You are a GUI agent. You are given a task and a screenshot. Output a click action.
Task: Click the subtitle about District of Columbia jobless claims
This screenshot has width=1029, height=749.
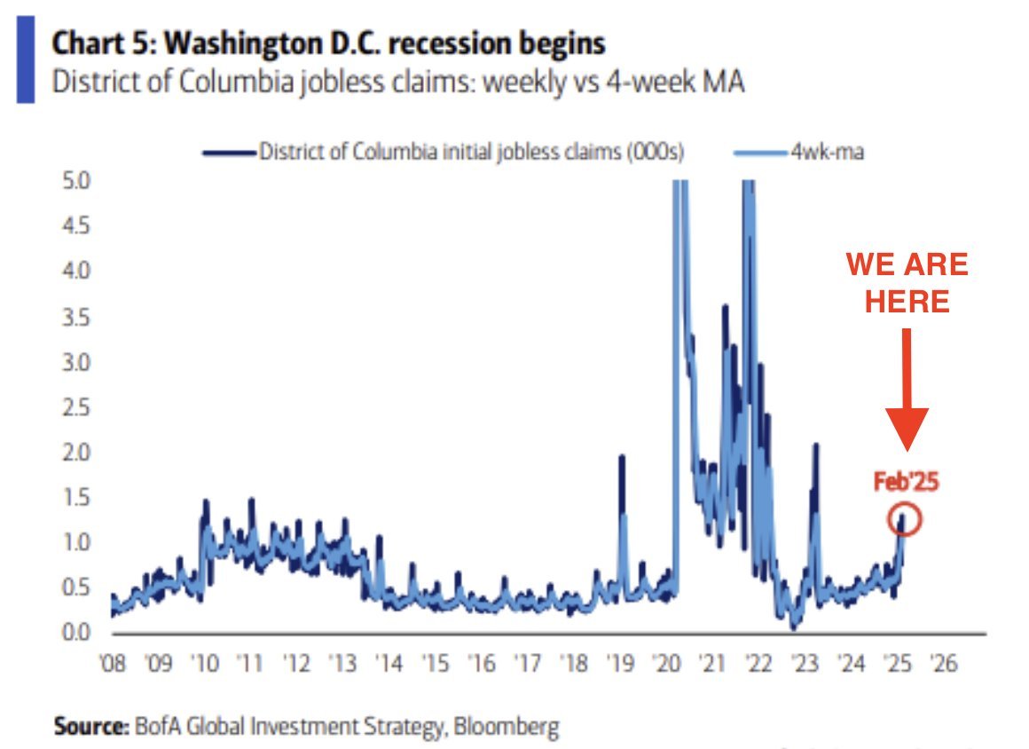[x=398, y=83]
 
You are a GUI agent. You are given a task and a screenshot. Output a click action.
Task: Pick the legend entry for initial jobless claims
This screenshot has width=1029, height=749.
[x=444, y=152]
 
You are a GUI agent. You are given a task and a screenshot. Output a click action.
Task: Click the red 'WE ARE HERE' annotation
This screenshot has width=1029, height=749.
[x=906, y=282]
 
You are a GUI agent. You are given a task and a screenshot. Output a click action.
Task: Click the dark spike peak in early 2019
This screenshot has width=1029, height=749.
[x=622, y=457]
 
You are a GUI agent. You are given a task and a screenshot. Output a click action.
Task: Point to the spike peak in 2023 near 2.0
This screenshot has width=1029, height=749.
[x=815, y=445]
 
